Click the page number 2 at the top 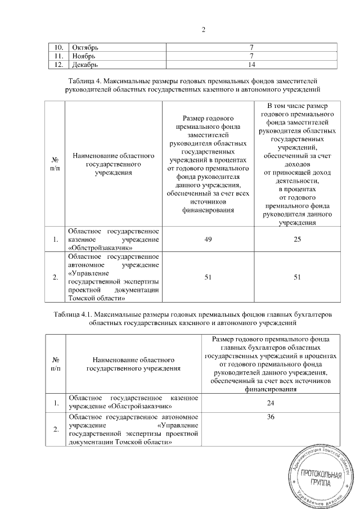pyautogui.click(x=203, y=29)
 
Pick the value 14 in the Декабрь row pyautogui.click(x=253, y=64)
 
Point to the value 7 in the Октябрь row pyautogui.click(x=253, y=47)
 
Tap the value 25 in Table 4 pyautogui.click(x=297, y=240)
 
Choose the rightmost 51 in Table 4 pyautogui.click(x=297, y=277)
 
